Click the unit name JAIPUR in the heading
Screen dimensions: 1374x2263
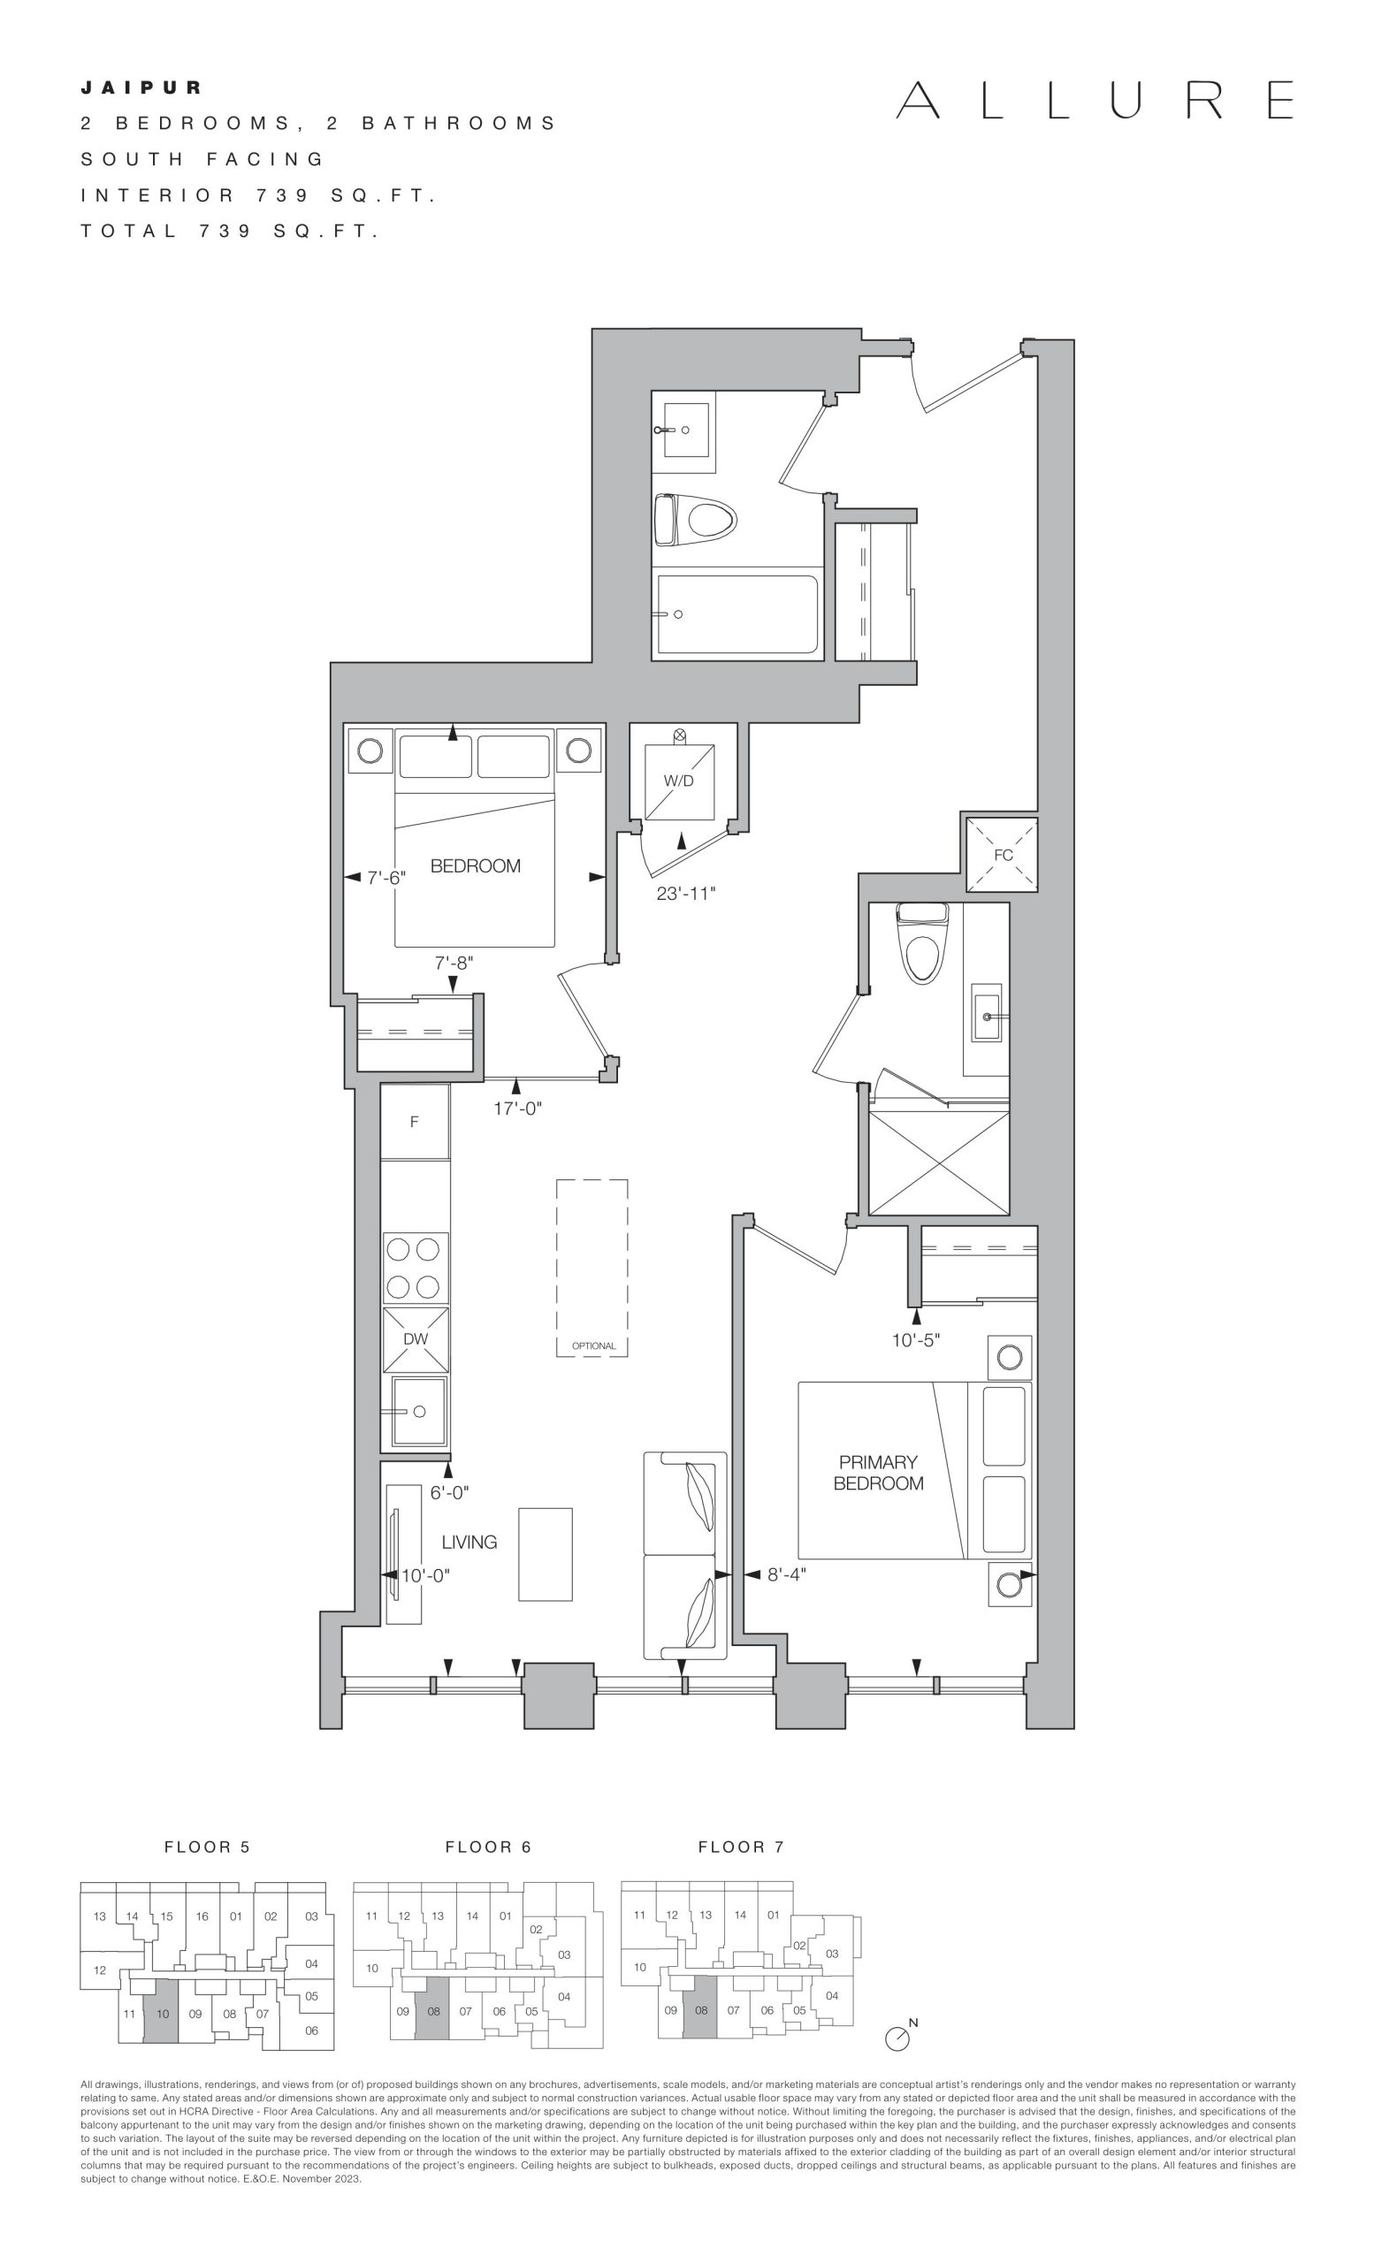click(141, 88)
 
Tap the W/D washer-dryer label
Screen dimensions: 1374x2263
click(679, 781)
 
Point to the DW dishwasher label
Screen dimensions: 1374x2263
click(416, 1338)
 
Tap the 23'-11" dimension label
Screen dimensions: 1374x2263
click(686, 893)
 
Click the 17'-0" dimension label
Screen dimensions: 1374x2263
click(518, 1109)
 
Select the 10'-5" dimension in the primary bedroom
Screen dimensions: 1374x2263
click(916, 1340)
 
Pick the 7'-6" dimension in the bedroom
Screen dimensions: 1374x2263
click(385, 877)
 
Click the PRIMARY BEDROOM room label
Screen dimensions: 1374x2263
click(878, 1472)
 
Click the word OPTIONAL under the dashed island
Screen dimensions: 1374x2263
click(593, 1346)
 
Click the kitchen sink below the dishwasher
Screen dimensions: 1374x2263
click(420, 1411)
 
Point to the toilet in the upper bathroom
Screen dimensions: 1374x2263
click(695, 521)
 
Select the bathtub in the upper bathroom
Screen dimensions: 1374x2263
click(737, 614)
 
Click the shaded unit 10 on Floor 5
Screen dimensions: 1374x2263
click(163, 2013)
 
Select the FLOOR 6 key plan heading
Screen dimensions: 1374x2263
click(488, 1847)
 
